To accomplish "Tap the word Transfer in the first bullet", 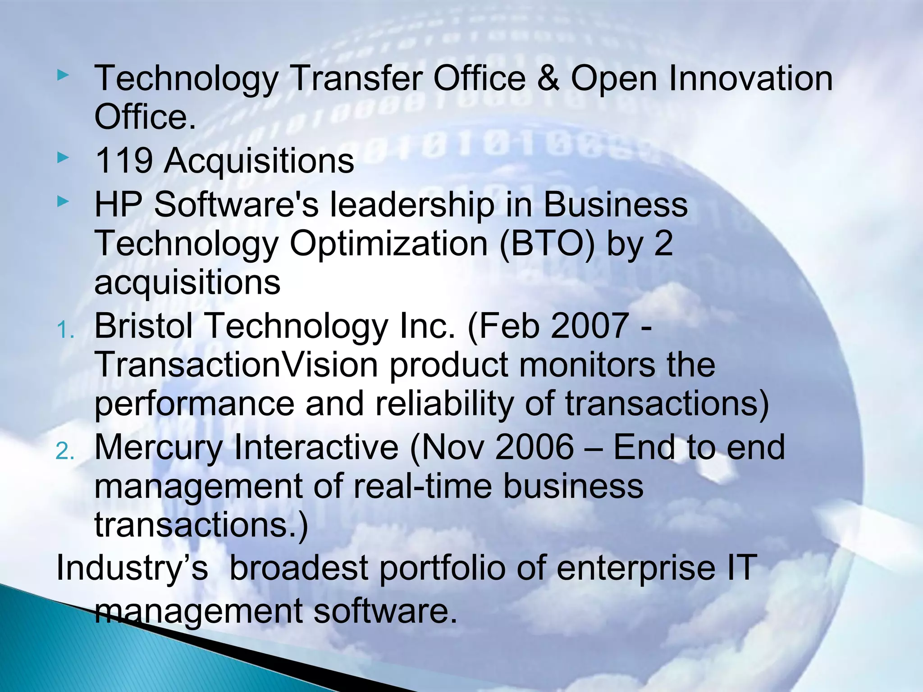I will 356,78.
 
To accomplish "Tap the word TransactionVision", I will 236,364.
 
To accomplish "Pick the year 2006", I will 535,447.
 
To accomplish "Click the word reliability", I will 444,404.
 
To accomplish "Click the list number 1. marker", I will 65,331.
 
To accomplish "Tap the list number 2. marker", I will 65,452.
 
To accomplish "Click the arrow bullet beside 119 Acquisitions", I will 64,158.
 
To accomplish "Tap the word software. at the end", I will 385,611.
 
